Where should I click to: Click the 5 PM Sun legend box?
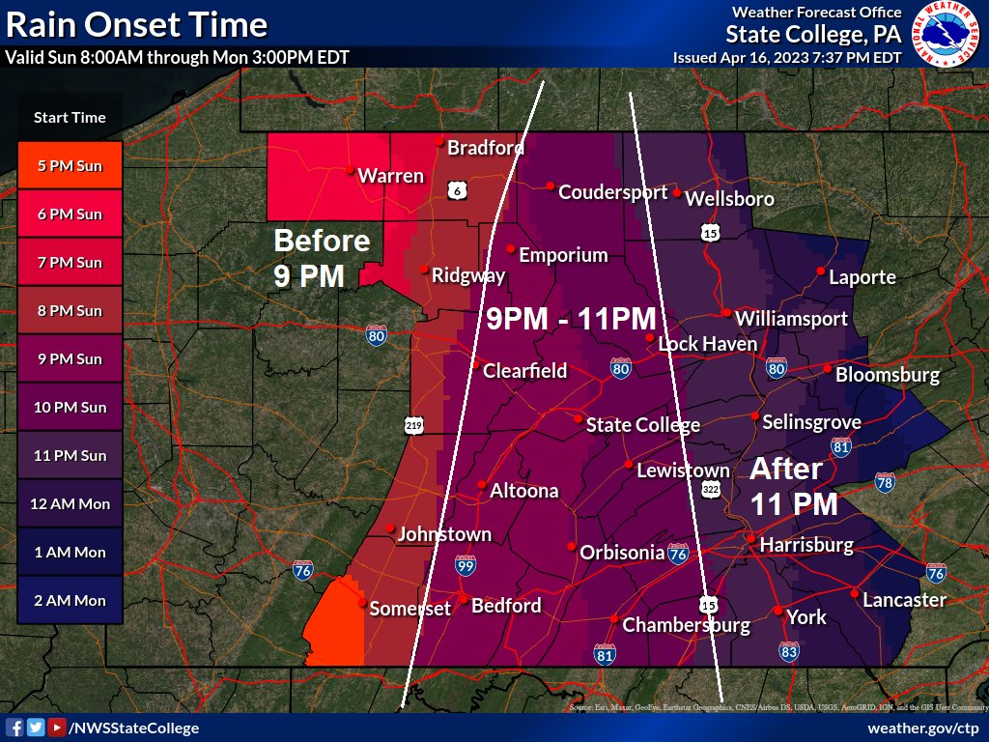pos(70,165)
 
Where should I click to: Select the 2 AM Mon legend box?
pos(70,600)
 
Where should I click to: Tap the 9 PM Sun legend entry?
pos(70,358)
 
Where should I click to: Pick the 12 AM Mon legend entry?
pos(70,503)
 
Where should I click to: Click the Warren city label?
pos(390,176)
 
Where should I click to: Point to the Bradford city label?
pos(485,148)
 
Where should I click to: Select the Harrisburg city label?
pos(806,545)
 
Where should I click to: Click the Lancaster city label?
pos(904,599)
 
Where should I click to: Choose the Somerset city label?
pos(410,608)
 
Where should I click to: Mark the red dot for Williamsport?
pos(726,312)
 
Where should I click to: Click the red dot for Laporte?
pos(820,271)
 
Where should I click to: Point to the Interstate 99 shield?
pos(466,564)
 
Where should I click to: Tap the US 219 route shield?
pos(414,426)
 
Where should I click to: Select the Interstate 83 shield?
pos(790,653)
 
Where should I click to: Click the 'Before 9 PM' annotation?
pos(322,258)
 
